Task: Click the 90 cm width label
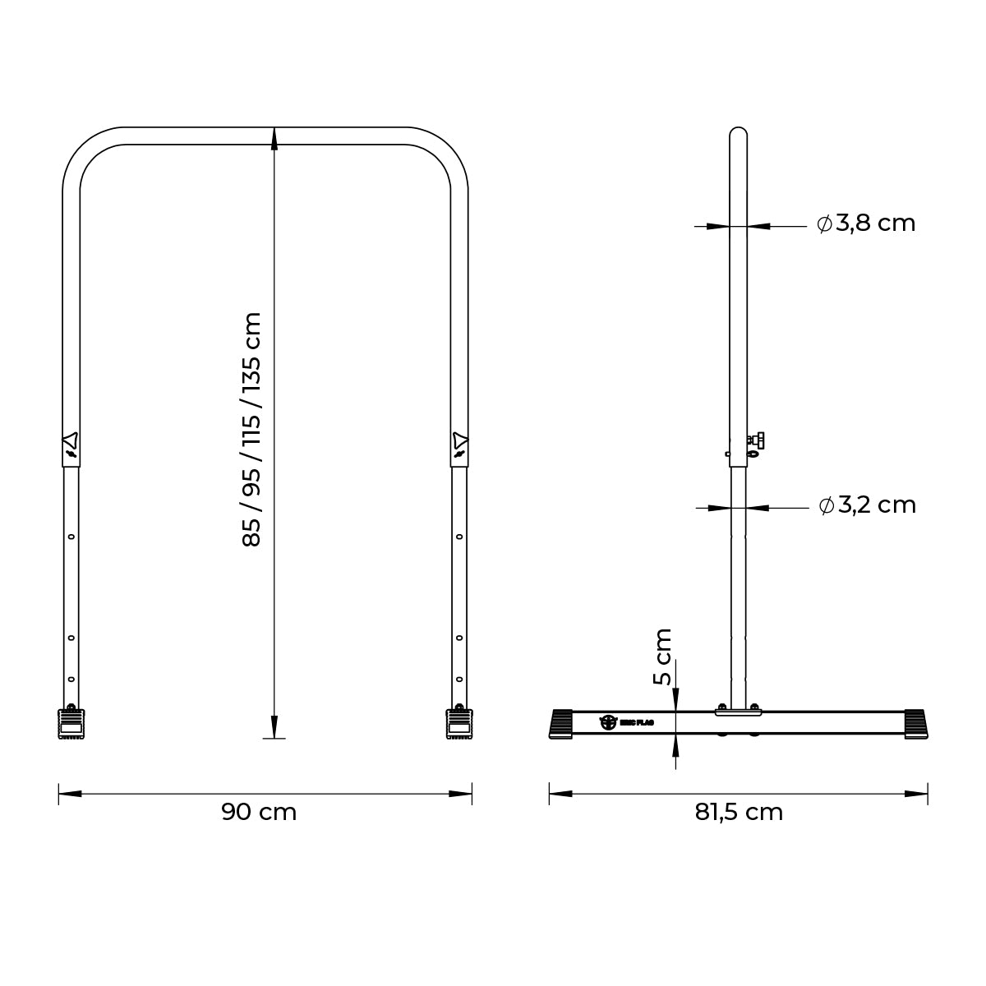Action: pos(259,812)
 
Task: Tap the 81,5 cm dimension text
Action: pos(739,812)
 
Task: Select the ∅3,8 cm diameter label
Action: pos(866,223)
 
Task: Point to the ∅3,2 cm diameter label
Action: pos(867,505)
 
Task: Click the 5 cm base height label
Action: pos(662,657)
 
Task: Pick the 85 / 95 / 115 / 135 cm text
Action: pos(251,429)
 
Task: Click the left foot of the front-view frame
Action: pos(71,723)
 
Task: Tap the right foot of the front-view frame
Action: pos(458,723)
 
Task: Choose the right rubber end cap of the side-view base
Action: pos(915,723)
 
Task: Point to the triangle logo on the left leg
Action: pos(71,440)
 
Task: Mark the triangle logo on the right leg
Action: pos(459,440)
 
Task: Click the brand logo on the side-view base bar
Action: pos(609,722)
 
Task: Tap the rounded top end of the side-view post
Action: pos(738,133)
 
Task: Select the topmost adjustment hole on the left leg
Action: pos(71,537)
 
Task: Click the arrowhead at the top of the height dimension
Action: pos(274,139)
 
